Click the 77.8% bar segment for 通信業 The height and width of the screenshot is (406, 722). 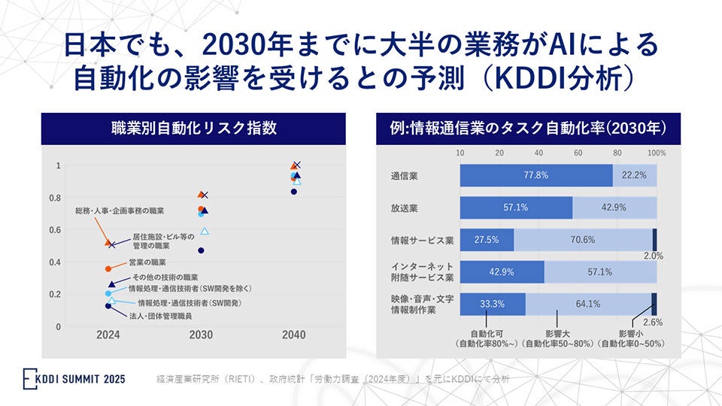pos(536,174)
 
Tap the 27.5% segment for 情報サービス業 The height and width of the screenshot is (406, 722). pos(487,240)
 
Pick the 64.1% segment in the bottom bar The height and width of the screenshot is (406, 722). pos(588,304)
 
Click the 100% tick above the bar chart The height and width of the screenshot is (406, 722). pos(657,153)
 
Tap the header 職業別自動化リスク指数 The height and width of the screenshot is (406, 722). pos(194,128)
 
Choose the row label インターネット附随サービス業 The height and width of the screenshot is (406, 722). pos(421,271)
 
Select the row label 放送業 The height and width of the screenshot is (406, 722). pos(405,208)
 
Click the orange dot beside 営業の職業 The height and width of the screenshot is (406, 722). pos(108,268)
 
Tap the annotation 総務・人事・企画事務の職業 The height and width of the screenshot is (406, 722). pos(120,211)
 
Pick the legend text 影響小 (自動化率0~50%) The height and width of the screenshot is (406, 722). pos(632,338)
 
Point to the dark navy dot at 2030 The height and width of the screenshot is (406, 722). pos(201,250)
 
